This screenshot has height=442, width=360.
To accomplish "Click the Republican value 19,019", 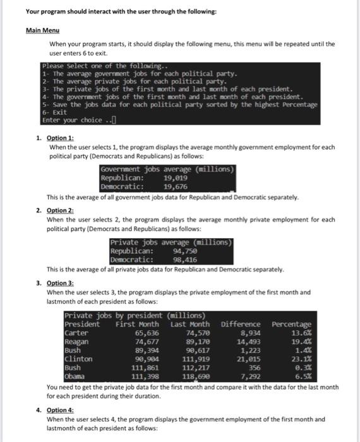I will point(176,178).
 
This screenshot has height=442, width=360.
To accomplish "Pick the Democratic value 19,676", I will point(176,186).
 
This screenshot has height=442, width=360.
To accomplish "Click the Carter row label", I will point(76,333).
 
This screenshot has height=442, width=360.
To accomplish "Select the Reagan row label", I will point(76,341).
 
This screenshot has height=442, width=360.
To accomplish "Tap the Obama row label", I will point(75,378).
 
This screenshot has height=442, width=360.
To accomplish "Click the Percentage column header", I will point(291,324).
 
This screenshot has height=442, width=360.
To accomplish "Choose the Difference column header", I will point(241,324).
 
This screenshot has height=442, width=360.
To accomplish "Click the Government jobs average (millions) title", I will point(167,169).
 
